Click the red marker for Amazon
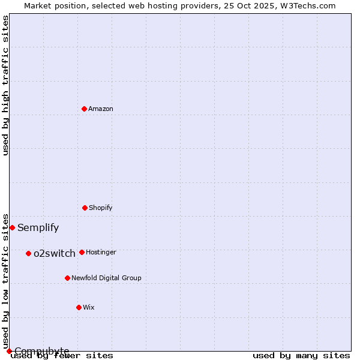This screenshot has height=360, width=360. (84, 109)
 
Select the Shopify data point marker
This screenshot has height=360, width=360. (85, 208)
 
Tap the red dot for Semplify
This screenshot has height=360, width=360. (12, 227)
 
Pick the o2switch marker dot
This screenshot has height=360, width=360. (28, 253)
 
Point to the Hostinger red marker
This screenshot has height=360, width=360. (82, 252)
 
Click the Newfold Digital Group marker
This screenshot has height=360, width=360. (67, 278)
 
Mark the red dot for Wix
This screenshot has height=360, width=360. (79, 307)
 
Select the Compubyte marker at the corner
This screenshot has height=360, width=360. (9, 351)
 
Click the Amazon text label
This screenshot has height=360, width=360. (101, 109)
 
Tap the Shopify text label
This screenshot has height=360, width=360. (101, 208)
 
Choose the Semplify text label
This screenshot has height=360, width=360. (38, 227)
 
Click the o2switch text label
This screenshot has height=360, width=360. (55, 253)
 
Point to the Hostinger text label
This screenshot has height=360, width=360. (101, 252)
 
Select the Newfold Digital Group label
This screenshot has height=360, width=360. (106, 278)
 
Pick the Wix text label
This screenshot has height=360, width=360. (89, 307)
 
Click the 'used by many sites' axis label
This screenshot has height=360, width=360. (301, 356)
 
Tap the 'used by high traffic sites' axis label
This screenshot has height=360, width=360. (5, 85)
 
